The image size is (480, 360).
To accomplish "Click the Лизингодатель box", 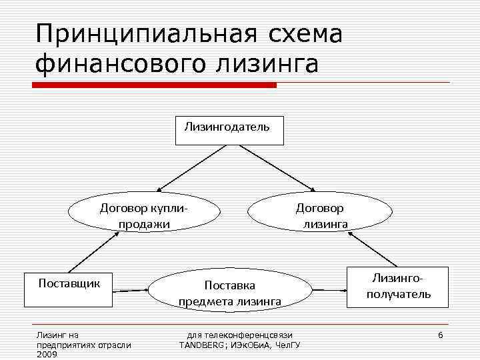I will (x=229, y=130).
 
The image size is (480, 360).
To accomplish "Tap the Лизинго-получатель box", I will (x=399, y=287).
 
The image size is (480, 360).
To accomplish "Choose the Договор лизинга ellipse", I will (x=320, y=215).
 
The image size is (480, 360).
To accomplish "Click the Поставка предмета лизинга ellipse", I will (x=230, y=293).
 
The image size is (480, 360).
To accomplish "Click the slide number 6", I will (x=440, y=333).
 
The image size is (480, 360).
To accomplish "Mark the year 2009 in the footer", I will (x=47, y=355).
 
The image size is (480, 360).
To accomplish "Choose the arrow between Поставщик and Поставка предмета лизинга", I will (x=129, y=291).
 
